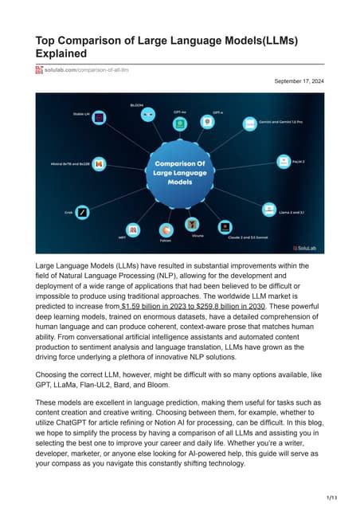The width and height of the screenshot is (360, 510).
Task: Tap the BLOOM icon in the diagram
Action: pos(147,114)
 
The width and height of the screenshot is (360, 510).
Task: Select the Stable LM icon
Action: pos(99,117)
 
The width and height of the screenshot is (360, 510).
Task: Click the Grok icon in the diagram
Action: pos(81,213)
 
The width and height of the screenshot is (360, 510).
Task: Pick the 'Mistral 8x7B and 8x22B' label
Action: pos(70,163)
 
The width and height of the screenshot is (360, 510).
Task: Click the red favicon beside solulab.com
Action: pos(39,70)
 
